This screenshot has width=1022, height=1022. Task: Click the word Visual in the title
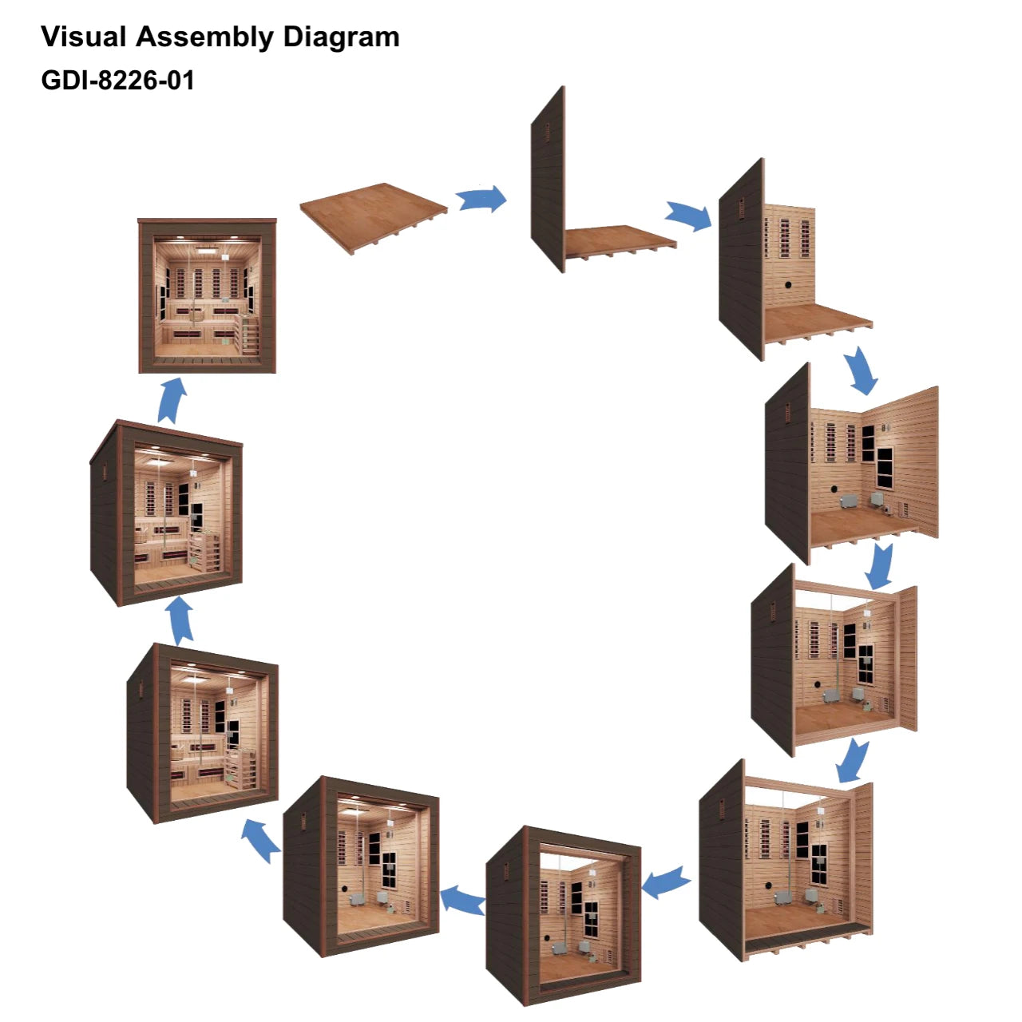tap(83, 37)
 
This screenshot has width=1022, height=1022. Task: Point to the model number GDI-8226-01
tap(117, 81)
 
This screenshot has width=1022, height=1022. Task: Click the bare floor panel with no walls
tap(373, 216)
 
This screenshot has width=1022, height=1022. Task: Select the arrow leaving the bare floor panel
tap(482, 198)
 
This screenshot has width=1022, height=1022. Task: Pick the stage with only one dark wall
tap(591, 192)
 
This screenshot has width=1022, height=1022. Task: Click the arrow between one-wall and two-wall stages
tap(687, 215)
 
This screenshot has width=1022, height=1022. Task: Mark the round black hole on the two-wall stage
tap(788, 283)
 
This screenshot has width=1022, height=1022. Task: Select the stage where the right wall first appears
tap(851, 463)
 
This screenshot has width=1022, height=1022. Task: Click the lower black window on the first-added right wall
tap(884, 467)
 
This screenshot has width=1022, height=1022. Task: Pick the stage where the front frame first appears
tap(834, 659)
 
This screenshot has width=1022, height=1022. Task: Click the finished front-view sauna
tap(208, 295)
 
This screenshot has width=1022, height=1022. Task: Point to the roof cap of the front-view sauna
tap(208, 220)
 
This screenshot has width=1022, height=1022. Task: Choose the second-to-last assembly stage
tap(166, 511)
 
